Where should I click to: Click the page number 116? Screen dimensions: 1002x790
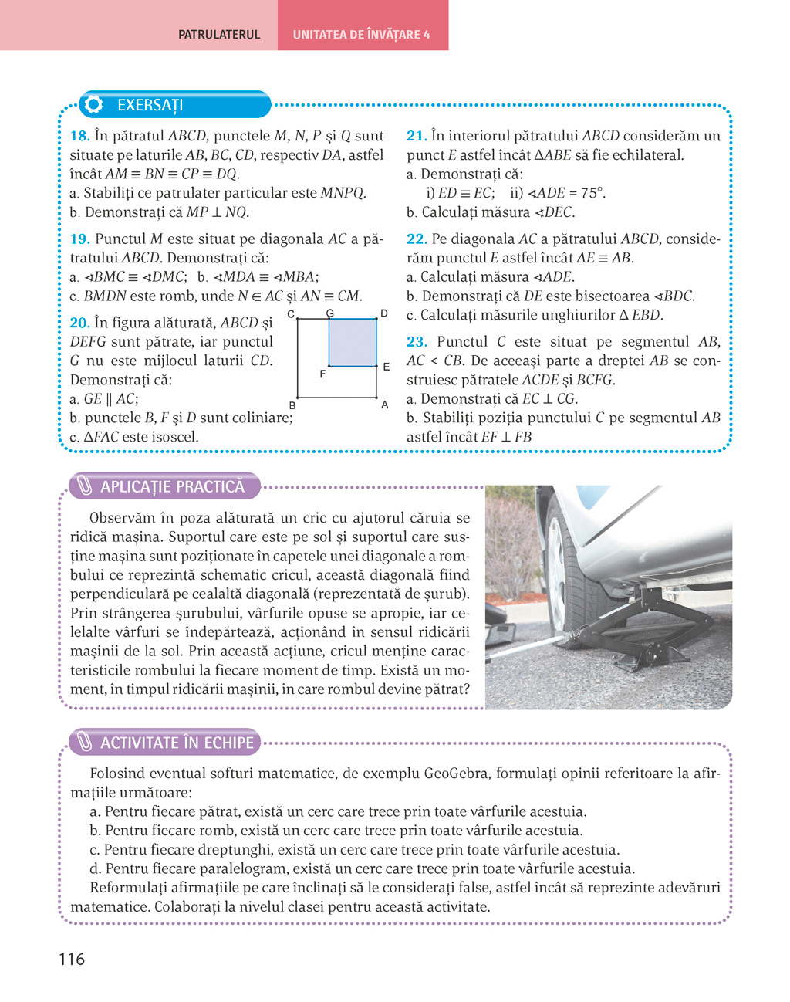72,960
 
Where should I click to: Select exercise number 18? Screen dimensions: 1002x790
79,136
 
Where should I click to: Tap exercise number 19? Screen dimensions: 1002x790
79,239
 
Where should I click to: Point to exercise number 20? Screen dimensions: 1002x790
79,323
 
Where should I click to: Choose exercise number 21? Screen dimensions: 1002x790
417,136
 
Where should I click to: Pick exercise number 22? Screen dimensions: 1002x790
417,239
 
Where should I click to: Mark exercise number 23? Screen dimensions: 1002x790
417,342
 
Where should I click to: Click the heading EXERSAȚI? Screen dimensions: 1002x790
150,105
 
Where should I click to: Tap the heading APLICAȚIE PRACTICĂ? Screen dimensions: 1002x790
172,486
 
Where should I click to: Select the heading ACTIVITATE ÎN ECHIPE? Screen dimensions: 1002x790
177,743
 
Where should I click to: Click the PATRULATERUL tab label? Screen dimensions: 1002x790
219,35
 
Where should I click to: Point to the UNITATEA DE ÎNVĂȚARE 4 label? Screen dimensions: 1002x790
361,35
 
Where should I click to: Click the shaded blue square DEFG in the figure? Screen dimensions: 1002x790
353,342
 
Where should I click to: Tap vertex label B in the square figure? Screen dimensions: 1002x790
292,405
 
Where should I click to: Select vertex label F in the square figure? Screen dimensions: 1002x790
322,374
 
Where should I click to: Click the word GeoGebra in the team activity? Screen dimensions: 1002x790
456,774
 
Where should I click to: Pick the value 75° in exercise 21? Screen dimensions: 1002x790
590,193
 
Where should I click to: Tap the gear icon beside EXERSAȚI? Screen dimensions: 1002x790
94,105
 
